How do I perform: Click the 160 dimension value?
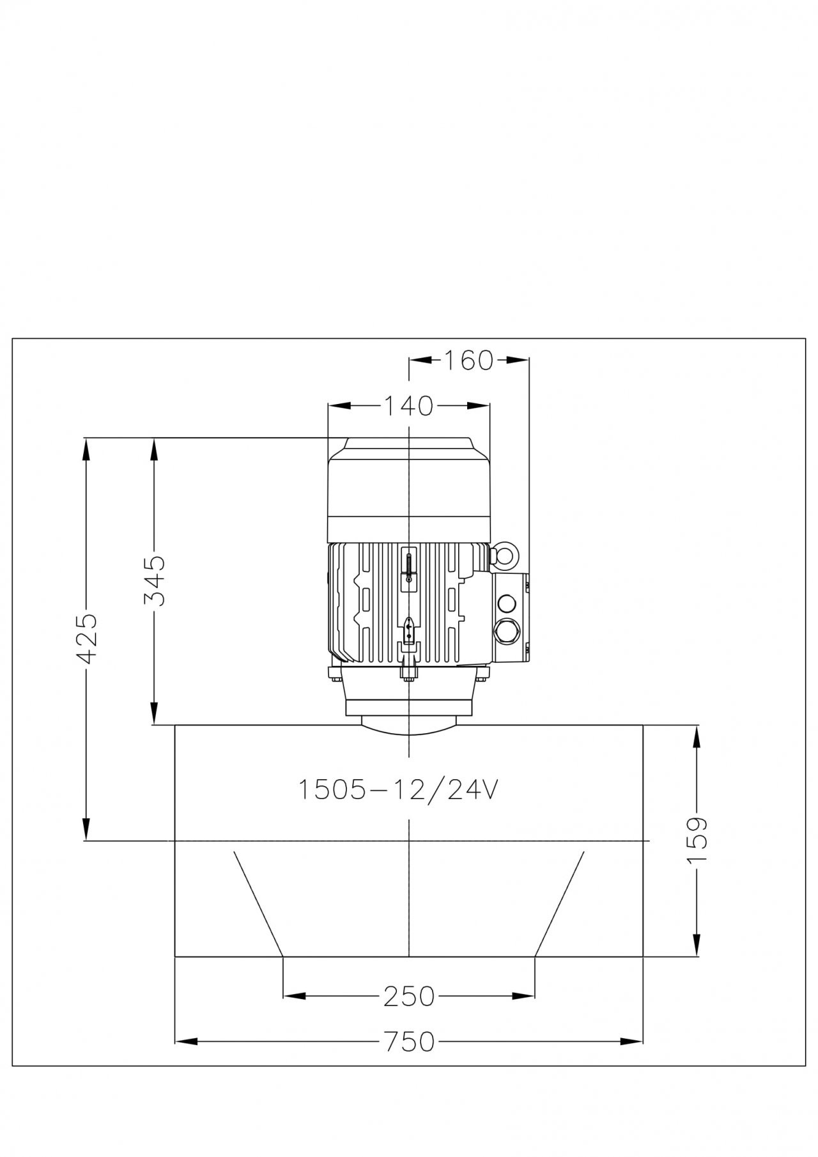click(469, 361)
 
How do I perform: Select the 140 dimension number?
click(408, 405)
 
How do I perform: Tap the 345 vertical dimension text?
click(154, 580)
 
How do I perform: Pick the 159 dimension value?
click(698, 840)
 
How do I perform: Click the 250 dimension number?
click(408, 996)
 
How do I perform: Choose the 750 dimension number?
click(409, 1043)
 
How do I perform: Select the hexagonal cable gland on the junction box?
click(507, 630)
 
